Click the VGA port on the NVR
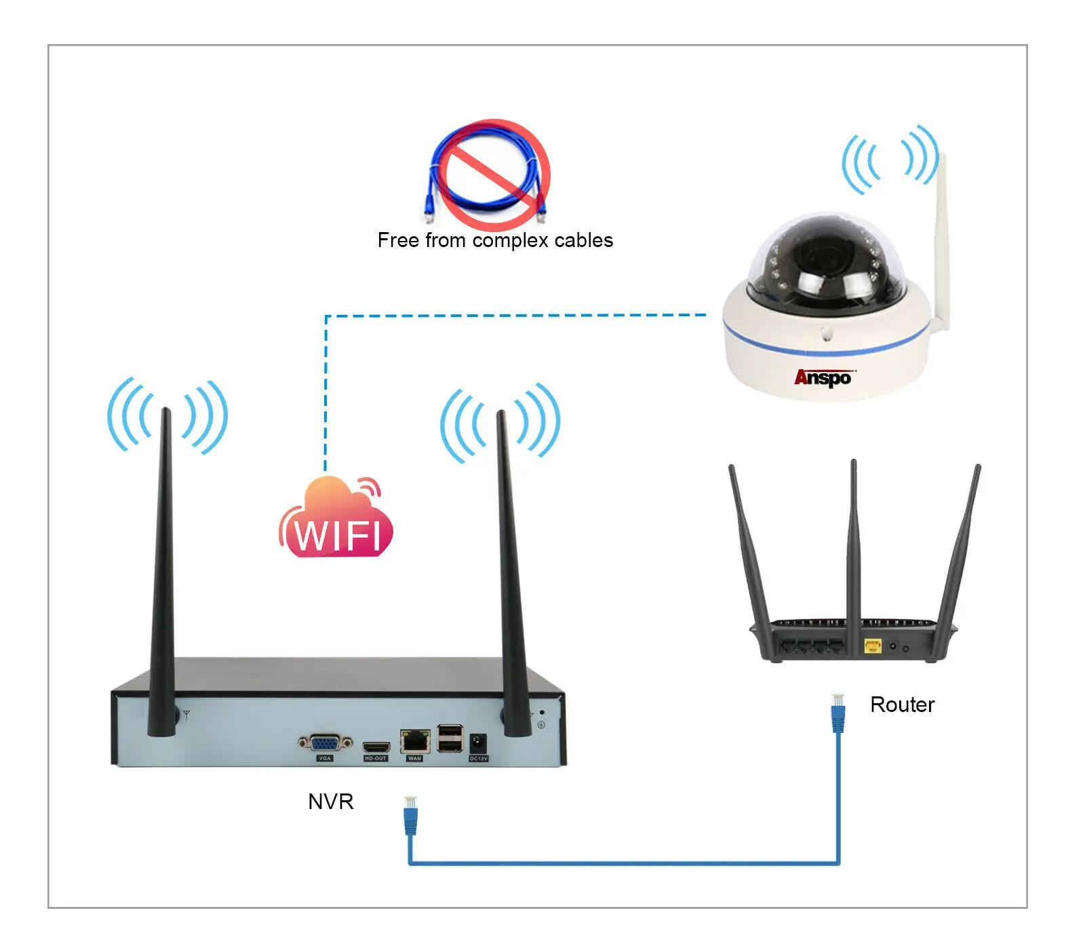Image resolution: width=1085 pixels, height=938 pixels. pos(325,743)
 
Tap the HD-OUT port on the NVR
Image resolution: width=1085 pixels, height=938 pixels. pos(376,747)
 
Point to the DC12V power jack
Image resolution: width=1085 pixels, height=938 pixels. pos(478,743)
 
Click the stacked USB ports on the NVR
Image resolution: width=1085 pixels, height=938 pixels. pos(450,738)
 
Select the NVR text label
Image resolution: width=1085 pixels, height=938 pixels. pos(331,802)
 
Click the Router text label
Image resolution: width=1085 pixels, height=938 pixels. pos(902,705)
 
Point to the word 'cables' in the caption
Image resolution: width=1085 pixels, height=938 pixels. pos(583,240)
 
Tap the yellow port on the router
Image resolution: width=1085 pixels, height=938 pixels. pos(872,645)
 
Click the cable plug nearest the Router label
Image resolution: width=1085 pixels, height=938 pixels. pos(838,713)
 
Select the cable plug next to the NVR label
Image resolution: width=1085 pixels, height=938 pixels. pos(410,814)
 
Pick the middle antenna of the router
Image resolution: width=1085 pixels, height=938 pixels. pos(854,543)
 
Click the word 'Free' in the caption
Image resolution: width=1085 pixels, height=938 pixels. pos(398,240)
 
